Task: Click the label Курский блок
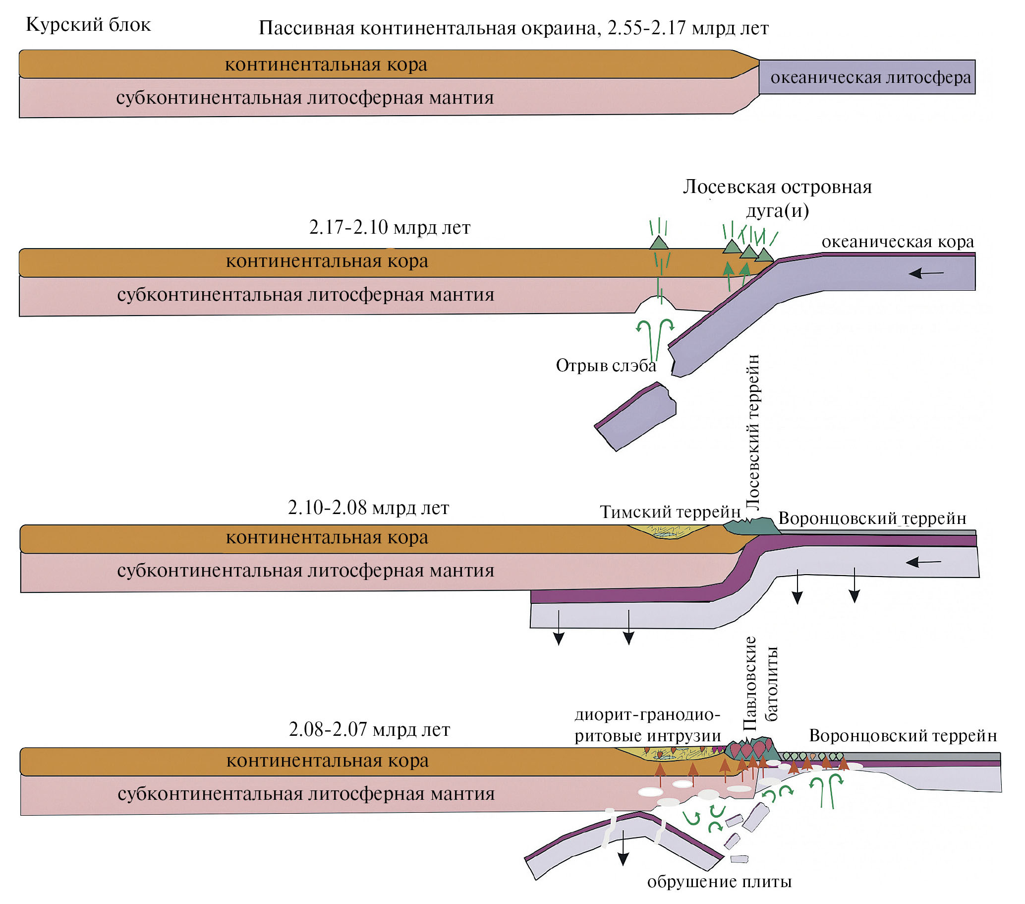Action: (x=88, y=25)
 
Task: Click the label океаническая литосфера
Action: (x=870, y=78)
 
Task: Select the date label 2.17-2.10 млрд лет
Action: (x=390, y=227)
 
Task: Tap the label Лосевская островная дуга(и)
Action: (x=777, y=198)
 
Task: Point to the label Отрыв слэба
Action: (x=606, y=365)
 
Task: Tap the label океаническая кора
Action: (x=897, y=242)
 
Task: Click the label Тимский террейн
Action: (x=670, y=512)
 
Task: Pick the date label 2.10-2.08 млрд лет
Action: (x=369, y=508)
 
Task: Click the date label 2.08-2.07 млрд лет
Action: (x=370, y=729)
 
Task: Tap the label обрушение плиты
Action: (x=719, y=881)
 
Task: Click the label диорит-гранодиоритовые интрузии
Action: (x=647, y=725)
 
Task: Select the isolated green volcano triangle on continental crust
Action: (x=659, y=243)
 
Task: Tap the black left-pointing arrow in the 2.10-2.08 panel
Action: (x=923, y=562)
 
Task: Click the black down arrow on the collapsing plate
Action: (x=623, y=848)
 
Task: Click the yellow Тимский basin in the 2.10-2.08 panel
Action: (x=669, y=532)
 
